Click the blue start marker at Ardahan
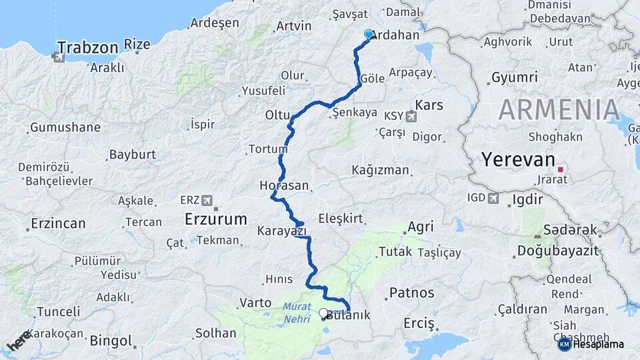click(x=369, y=34)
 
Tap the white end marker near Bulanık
click(x=323, y=313)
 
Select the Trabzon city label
click(x=87, y=47)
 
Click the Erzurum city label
click(x=216, y=219)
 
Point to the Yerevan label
click(x=518, y=160)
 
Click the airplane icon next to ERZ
click(x=207, y=200)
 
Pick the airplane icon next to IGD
click(x=493, y=198)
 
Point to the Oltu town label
click(x=277, y=115)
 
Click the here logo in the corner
click(x=18, y=340)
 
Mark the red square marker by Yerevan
click(x=561, y=169)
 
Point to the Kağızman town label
click(x=380, y=170)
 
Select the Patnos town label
click(x=411, y=293)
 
